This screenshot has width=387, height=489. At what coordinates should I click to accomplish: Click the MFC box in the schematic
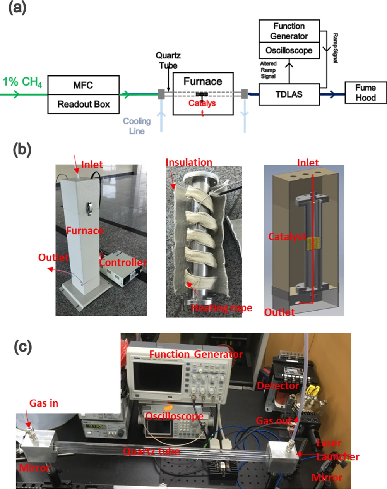click(83, 85)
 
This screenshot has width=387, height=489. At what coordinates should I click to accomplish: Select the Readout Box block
click(83, 104)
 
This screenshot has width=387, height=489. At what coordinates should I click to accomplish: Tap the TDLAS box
click(289, 94)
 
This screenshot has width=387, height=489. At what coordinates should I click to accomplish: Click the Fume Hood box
click(365, 93)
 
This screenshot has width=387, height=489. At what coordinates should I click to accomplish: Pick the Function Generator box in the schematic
click(289, 31)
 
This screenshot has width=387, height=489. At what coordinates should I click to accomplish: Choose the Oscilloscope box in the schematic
click(289, 50)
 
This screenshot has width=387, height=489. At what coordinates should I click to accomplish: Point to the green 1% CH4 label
click(22, 82)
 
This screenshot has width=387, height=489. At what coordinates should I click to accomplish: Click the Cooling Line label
click(137, 126)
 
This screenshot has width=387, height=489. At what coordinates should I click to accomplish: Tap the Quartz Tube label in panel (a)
click(168, 60)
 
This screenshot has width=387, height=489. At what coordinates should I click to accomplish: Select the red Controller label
click(122, 263)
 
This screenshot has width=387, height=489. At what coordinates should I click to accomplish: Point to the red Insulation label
click(189, 163)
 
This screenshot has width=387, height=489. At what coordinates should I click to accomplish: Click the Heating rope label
click(222, 308)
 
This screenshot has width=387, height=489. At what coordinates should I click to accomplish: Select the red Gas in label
click(44, 403)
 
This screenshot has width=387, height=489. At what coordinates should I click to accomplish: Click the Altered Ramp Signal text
click(268, 70)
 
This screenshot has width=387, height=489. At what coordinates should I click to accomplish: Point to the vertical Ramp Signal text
click(335, 48)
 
